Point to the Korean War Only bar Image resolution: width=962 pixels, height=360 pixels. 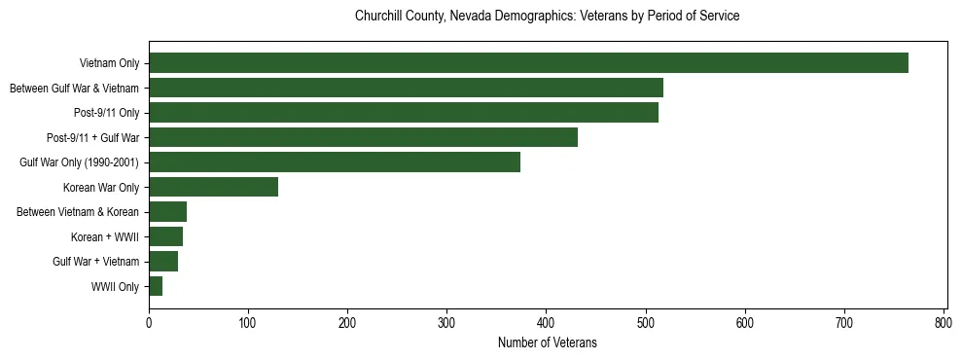tap(213, 187)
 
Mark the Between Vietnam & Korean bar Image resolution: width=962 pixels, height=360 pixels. tap(167, 212)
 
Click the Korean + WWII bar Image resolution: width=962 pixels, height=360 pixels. tap(165, 236)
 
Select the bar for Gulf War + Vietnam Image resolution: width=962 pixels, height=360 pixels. tap(163, 262)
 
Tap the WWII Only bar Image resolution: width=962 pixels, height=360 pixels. tap(156, 286)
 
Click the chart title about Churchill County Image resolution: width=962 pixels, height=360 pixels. tap(548, 17)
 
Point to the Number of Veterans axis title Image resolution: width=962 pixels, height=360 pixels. tap(548, 342)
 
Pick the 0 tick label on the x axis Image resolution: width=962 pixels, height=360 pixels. tap(149, 321)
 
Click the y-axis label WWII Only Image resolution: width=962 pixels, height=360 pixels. tap(115, 287)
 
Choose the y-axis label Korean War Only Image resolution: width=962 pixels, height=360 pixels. tap(101, 188)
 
